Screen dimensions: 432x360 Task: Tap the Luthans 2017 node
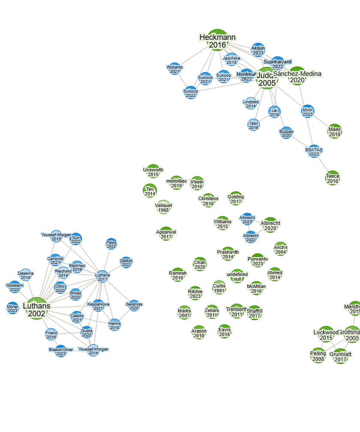coord(102,277)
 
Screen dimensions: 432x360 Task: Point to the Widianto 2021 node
coord(174,69)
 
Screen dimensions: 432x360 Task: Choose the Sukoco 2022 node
coord(191,93)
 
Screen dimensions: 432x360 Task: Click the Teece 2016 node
coord(333,178)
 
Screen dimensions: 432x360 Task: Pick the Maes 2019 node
coord(335,131)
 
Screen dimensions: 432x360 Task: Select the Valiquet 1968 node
coord(163,207)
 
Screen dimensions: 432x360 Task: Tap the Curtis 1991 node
coord(219,288)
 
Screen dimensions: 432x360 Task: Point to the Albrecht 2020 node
coord(270,225)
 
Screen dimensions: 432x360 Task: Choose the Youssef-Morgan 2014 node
coord(93,351)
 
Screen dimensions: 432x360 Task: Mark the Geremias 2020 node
coord(134,306)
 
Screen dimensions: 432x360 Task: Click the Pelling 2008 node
coord(318,356)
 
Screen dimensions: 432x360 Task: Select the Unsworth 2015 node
coord(153,172)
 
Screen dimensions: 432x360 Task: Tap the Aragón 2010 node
coord(199,333)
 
